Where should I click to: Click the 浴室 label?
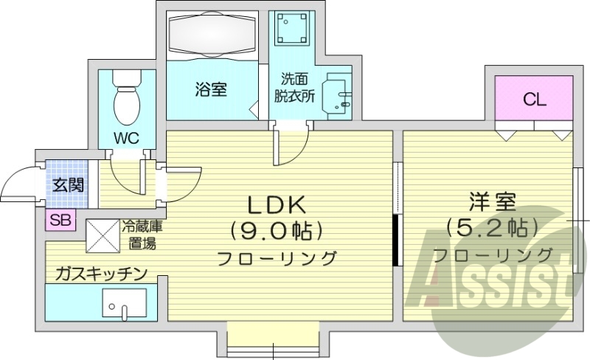pyautogui.click(x=210, y=90)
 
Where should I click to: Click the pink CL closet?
pyautogui.click(x=535, y=100)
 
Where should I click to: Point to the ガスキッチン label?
pyautogui.click(x=100, y=274)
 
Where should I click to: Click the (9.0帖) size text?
pyautogui.click(x=277, y=231)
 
